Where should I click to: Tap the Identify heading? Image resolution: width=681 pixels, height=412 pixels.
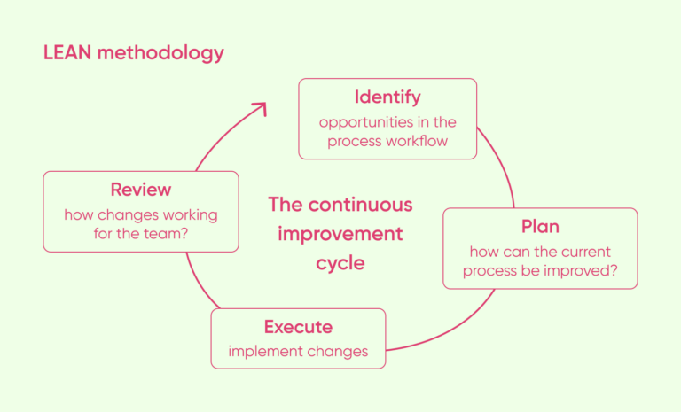pyautogui.click(x=387, y=97)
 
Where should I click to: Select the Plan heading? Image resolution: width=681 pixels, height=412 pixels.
pyautogui.click(x=540, y=226)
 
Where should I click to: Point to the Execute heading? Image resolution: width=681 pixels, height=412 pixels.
pyautogui.click(x=298, y=327)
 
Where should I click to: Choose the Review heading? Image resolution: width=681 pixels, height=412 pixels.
pyautogui.click(x=141, y=190)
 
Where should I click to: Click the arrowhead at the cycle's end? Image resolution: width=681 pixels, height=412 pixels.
pyautogui.click(x=259, y=108)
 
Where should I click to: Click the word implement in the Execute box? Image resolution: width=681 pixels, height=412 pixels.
pyautogui.click(x=262, y=351)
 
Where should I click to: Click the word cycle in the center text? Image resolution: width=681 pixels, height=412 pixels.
pyautogui.click(x=340, y=263)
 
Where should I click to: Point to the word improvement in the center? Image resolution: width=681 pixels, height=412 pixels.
pyautogui.click(x=340, y=234)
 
